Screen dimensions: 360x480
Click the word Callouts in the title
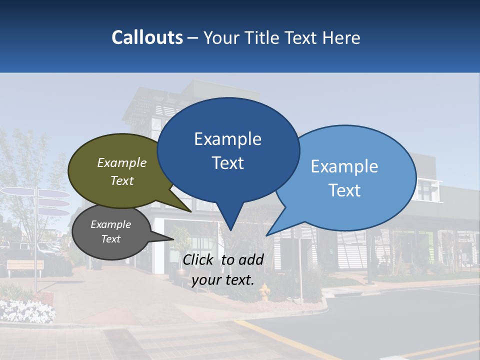147,37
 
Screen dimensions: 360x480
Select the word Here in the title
342,37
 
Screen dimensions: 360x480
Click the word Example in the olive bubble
122,162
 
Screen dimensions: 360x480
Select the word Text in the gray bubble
111,239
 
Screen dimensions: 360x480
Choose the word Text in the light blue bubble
344,190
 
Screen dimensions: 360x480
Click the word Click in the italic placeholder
199,259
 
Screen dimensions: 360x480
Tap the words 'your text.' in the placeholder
223,280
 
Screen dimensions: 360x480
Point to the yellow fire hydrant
265,292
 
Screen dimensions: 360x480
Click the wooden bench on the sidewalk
25,266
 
